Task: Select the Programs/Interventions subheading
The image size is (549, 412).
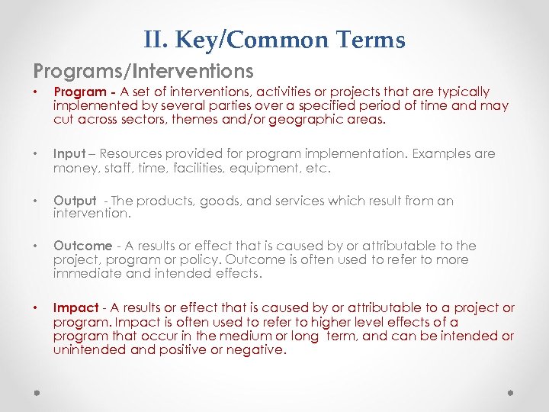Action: click(x=143, y=71)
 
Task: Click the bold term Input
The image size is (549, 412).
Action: click(x=68, y=154)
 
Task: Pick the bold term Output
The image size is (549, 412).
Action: click(x=75, y=201)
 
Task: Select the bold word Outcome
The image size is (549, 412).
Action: click(x=82, y=246)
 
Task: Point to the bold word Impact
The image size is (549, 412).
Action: click(x=75, y=308)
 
